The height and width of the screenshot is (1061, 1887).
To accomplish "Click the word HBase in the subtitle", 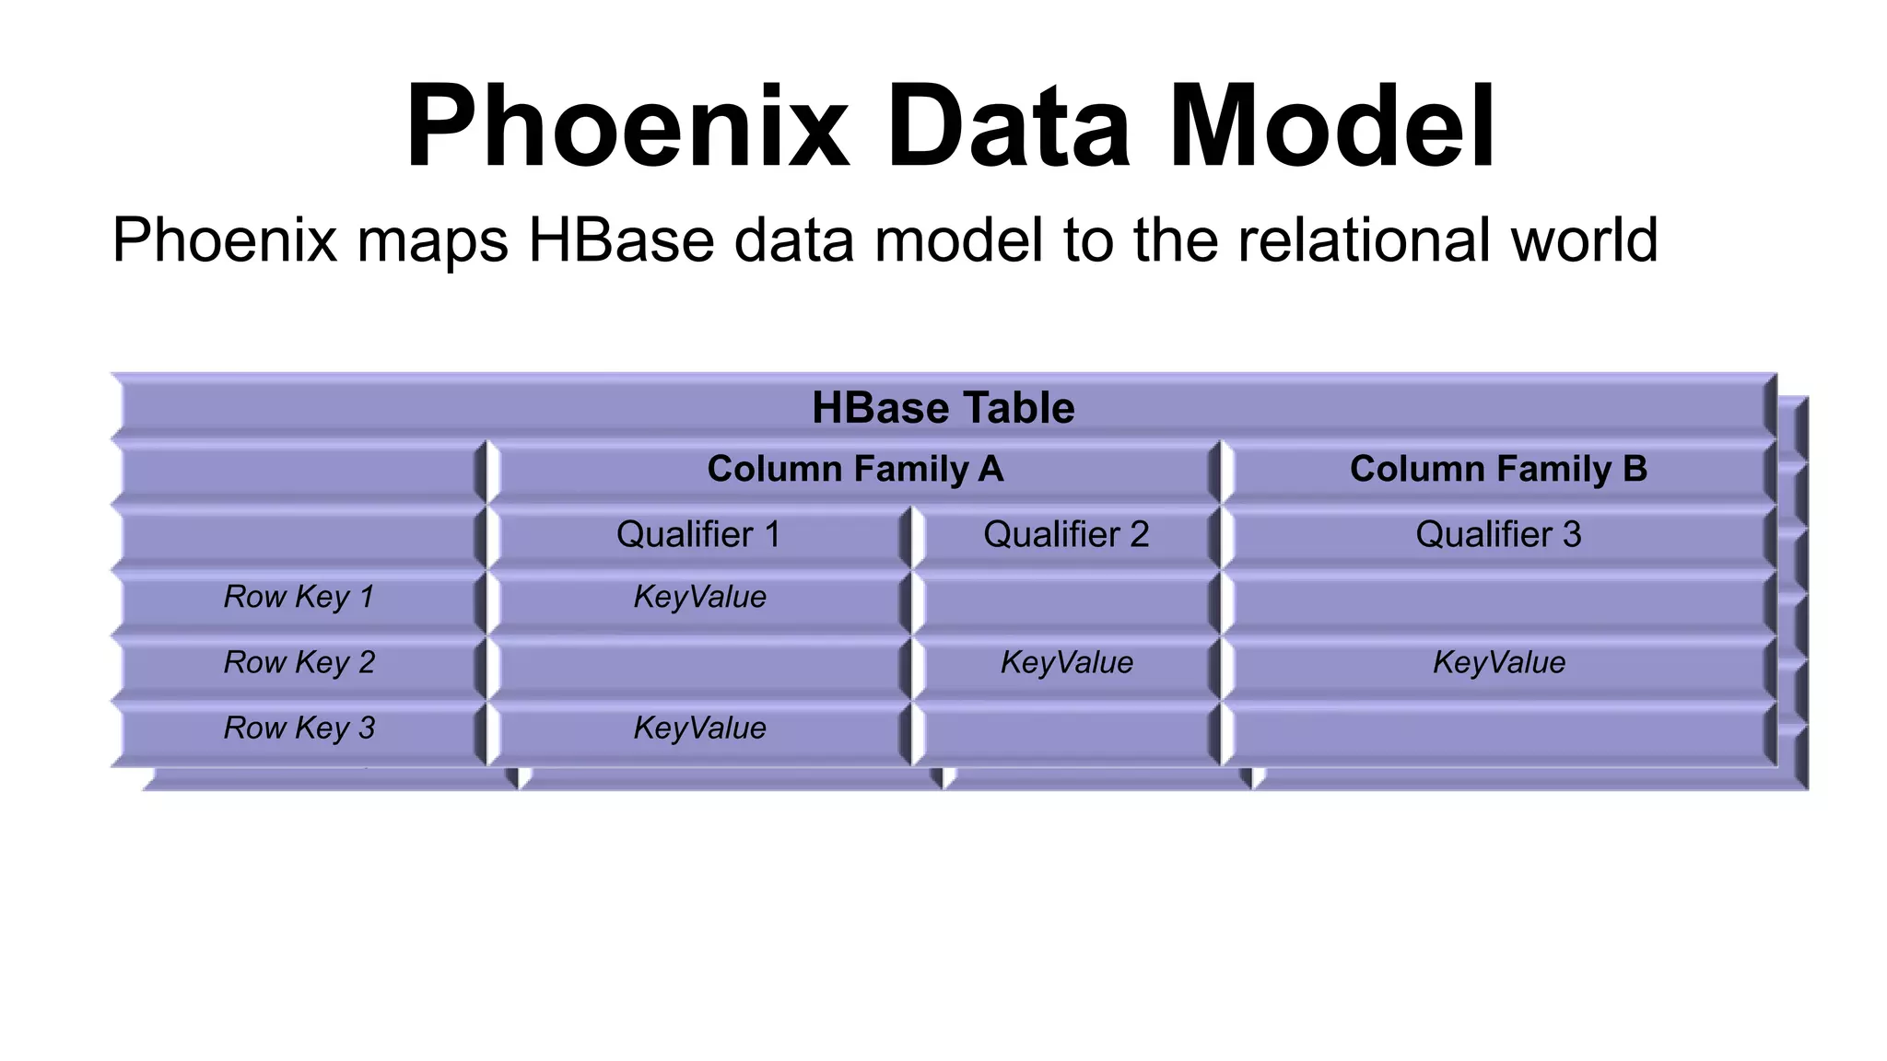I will pyautogui.click(x=620, y=239).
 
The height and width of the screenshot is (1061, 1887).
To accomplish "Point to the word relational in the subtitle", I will pyautogui.click(x=1365, y=239).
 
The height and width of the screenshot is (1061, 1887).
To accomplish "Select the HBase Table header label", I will pyautogui.click(x=943, y=408).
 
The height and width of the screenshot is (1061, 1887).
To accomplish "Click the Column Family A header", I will pyautogui.click(x=854, y=469).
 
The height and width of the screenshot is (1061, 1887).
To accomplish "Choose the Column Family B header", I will pyautogui.click(x=1497, y=469).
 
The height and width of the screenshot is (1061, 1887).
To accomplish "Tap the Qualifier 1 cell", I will pyautogui.click(x=697, y=534).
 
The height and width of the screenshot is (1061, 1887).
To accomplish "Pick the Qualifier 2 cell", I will pyautogui.click(x=1066, y=534).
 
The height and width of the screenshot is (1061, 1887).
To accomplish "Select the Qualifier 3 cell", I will pyautogui.click(x=1497, y=534).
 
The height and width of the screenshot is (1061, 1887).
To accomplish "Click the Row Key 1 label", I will pyautogui.click(x=299, y=597).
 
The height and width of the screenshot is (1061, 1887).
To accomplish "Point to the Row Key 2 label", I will pyautogui.click(x=299, y=662).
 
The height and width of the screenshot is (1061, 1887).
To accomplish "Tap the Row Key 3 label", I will pyautogui.click(x=299, y=728).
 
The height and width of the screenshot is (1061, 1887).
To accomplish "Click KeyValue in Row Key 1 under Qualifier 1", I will pyautogui.click(x=699, y=597).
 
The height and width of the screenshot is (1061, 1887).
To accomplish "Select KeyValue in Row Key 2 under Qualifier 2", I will pyautogui.click(x=1066, y=662).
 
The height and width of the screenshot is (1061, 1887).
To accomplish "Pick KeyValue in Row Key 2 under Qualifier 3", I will pyautogui.click(x=1498, y=662).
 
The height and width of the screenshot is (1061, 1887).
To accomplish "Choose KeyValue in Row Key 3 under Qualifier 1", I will pyautogui.click(x=699, y=728).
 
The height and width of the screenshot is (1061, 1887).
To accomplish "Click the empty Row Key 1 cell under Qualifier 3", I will pyautogui.click(x=1497, y=600).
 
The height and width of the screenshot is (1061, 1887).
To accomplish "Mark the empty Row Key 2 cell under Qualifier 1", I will pyautogui.click(x=697, y=666).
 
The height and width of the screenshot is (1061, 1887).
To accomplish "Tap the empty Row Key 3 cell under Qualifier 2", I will pyautogui.click(x=1066, y=731).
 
